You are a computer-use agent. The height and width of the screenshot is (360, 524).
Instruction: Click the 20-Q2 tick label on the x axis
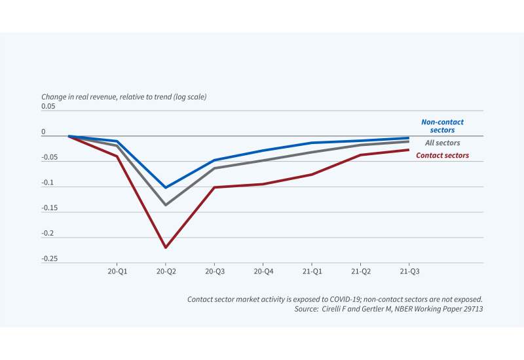[165, 270]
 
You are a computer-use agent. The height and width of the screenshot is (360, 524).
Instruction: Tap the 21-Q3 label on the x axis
[409, 270]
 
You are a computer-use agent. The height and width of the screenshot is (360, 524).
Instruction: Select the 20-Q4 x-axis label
[263, 270]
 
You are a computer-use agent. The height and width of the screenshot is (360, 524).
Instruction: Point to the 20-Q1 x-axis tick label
[117, 270]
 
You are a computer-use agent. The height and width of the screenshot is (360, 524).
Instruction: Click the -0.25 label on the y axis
[50, 259]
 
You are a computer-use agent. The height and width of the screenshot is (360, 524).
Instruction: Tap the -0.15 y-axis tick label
[50, 208]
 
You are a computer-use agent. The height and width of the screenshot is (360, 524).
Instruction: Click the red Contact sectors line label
[442, 156]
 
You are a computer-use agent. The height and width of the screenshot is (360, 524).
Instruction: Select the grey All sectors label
[442, 143]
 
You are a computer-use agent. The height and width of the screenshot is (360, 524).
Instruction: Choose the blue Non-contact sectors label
[438, 126]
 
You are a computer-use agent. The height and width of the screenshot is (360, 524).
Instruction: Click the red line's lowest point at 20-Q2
[165, 247]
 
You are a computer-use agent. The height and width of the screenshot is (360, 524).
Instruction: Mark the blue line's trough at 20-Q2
[165, 188]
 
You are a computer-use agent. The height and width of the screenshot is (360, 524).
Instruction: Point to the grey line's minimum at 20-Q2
[165, 205]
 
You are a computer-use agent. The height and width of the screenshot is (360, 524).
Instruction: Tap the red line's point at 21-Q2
[361, 155]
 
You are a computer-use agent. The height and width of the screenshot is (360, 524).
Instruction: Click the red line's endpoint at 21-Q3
[409, 150]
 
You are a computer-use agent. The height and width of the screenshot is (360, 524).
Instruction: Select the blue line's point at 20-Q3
[214, 160]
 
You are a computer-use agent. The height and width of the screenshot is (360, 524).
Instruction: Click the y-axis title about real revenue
[124, 97]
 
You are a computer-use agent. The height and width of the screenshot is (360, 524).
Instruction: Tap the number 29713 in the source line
[470, 308]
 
